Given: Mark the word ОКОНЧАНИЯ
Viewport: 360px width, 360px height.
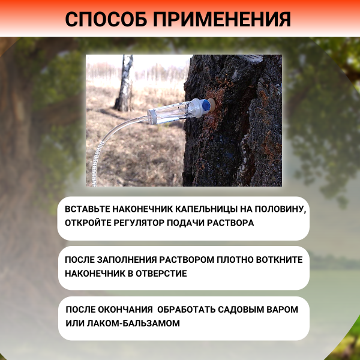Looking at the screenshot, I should click(124, 310).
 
